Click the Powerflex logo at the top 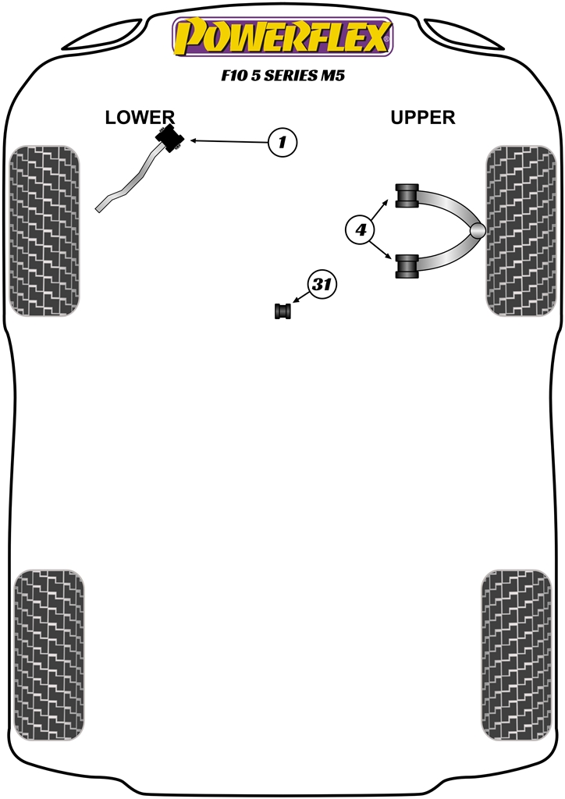tap(282, 37)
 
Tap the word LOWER tap(140, 118)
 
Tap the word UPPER tap(423, 118)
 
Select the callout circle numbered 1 tap(282, 142)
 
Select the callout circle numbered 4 tap(361, 229)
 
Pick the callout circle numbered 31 tap(321, 286)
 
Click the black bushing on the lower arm tap(170, 140)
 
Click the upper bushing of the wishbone tap(407, 195)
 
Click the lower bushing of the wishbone tap(407, 265)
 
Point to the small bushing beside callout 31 tap(283, 311)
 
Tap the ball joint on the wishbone tap(478, 230)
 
